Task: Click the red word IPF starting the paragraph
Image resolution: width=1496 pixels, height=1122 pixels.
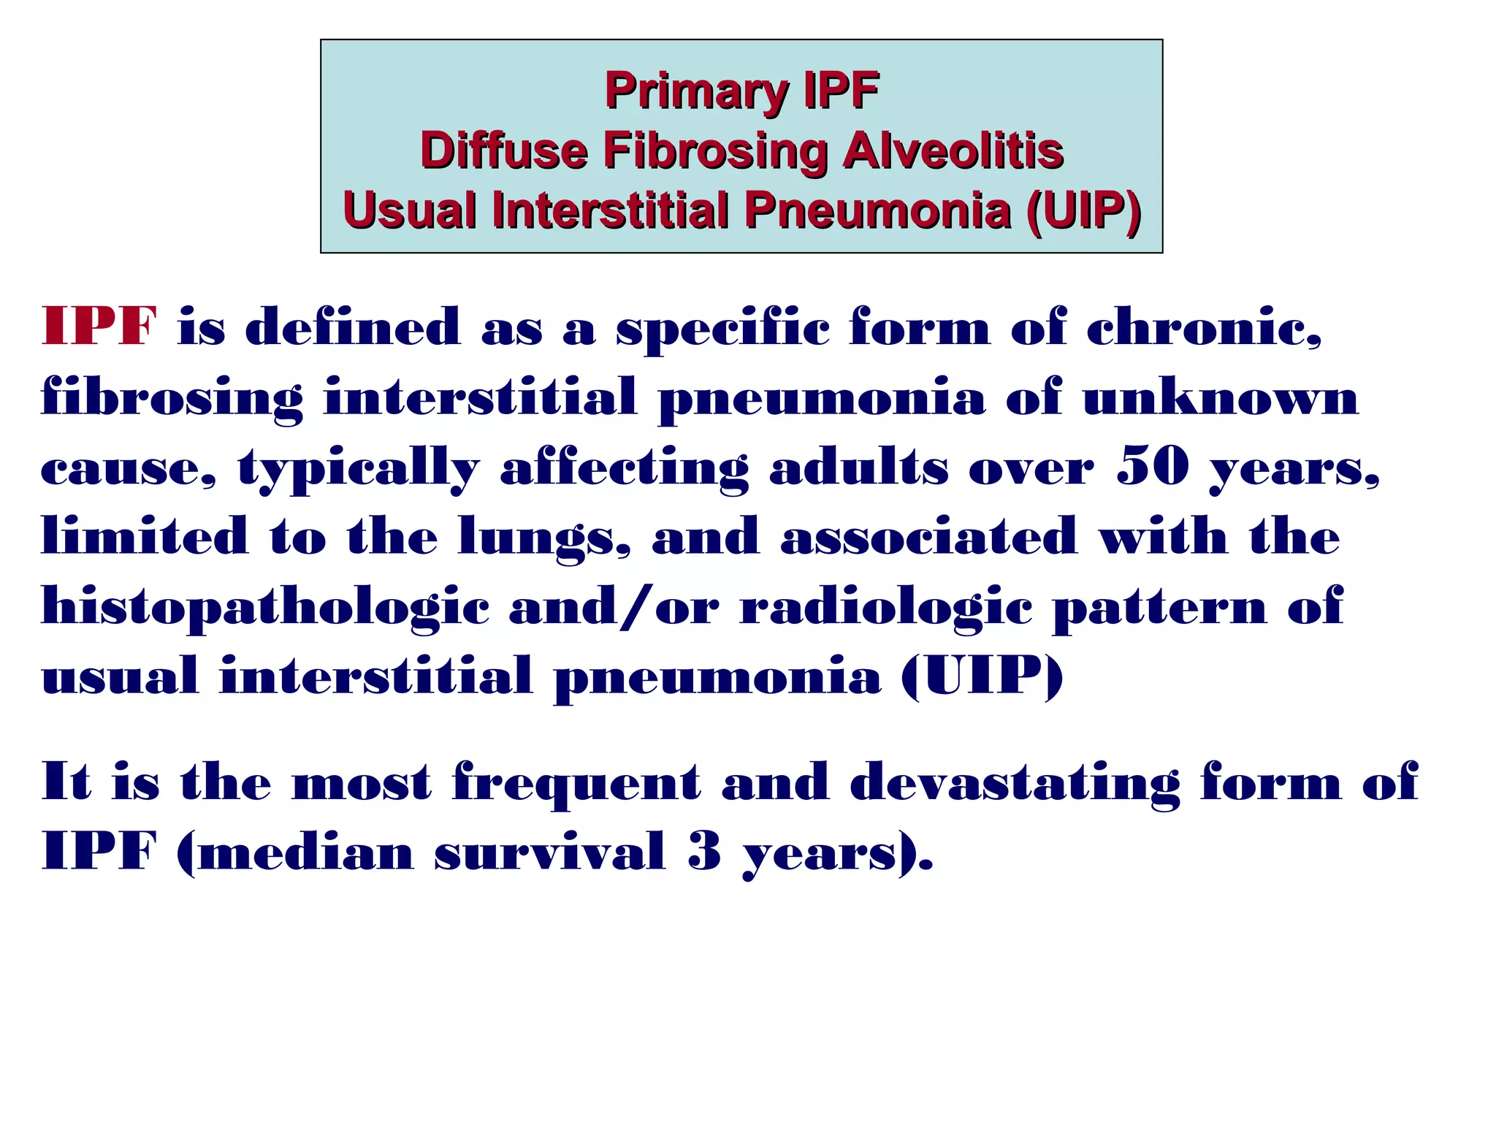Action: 99,327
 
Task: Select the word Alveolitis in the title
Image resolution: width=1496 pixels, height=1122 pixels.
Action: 953,151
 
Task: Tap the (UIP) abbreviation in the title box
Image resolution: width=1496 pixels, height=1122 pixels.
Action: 1083,211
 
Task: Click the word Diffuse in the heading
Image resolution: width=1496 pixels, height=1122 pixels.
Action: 504,151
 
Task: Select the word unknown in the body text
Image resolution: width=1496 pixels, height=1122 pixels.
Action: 1220,398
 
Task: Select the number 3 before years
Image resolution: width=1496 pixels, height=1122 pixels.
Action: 704,852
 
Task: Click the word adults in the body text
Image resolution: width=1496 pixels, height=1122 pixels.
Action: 858,467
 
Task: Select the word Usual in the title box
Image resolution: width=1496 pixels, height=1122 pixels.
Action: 409,211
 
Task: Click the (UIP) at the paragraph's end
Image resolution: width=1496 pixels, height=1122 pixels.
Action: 982,676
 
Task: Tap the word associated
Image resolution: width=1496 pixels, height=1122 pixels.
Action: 928,538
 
